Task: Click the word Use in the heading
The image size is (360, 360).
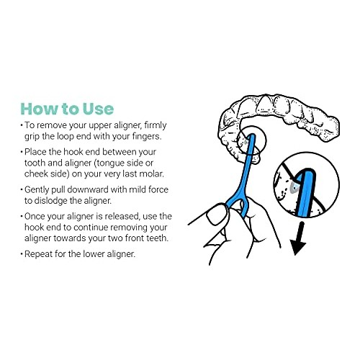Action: [x=96, y=109]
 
